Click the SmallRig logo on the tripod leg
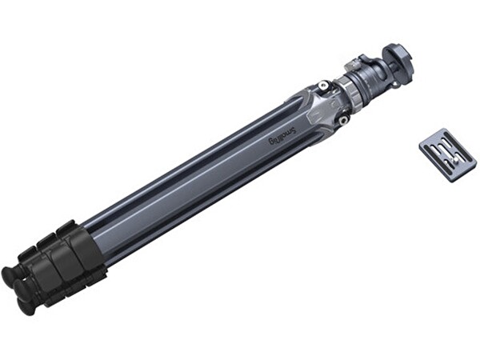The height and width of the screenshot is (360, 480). click(x=282, y=136)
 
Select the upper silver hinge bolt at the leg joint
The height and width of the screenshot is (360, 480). click(x=324, y=86)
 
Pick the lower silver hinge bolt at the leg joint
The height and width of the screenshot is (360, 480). click(x=343, y=120)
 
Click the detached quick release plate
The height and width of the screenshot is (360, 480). click(x=448, y=155)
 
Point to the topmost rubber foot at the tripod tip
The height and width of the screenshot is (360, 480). click(x=12, y=273)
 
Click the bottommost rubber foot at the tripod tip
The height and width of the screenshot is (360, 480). click(x=26, y=305)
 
